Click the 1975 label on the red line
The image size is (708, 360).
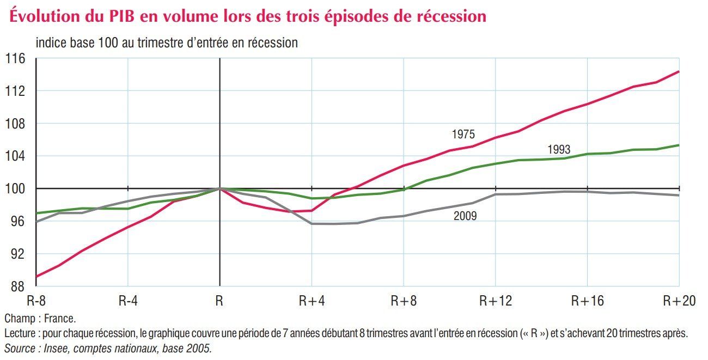463,134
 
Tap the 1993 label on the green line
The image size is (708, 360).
559,150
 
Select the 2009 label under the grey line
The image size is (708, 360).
465,216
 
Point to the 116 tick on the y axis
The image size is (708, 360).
15,58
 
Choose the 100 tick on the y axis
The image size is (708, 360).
15,189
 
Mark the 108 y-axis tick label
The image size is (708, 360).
15,124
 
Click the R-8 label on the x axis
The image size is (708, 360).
37,301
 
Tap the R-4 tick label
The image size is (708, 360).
127,301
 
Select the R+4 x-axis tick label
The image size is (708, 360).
312,301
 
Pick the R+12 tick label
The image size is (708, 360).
496,301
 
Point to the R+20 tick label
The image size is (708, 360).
679,301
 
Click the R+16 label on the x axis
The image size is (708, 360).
588,301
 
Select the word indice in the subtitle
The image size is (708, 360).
51,42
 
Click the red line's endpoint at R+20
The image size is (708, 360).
679,71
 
